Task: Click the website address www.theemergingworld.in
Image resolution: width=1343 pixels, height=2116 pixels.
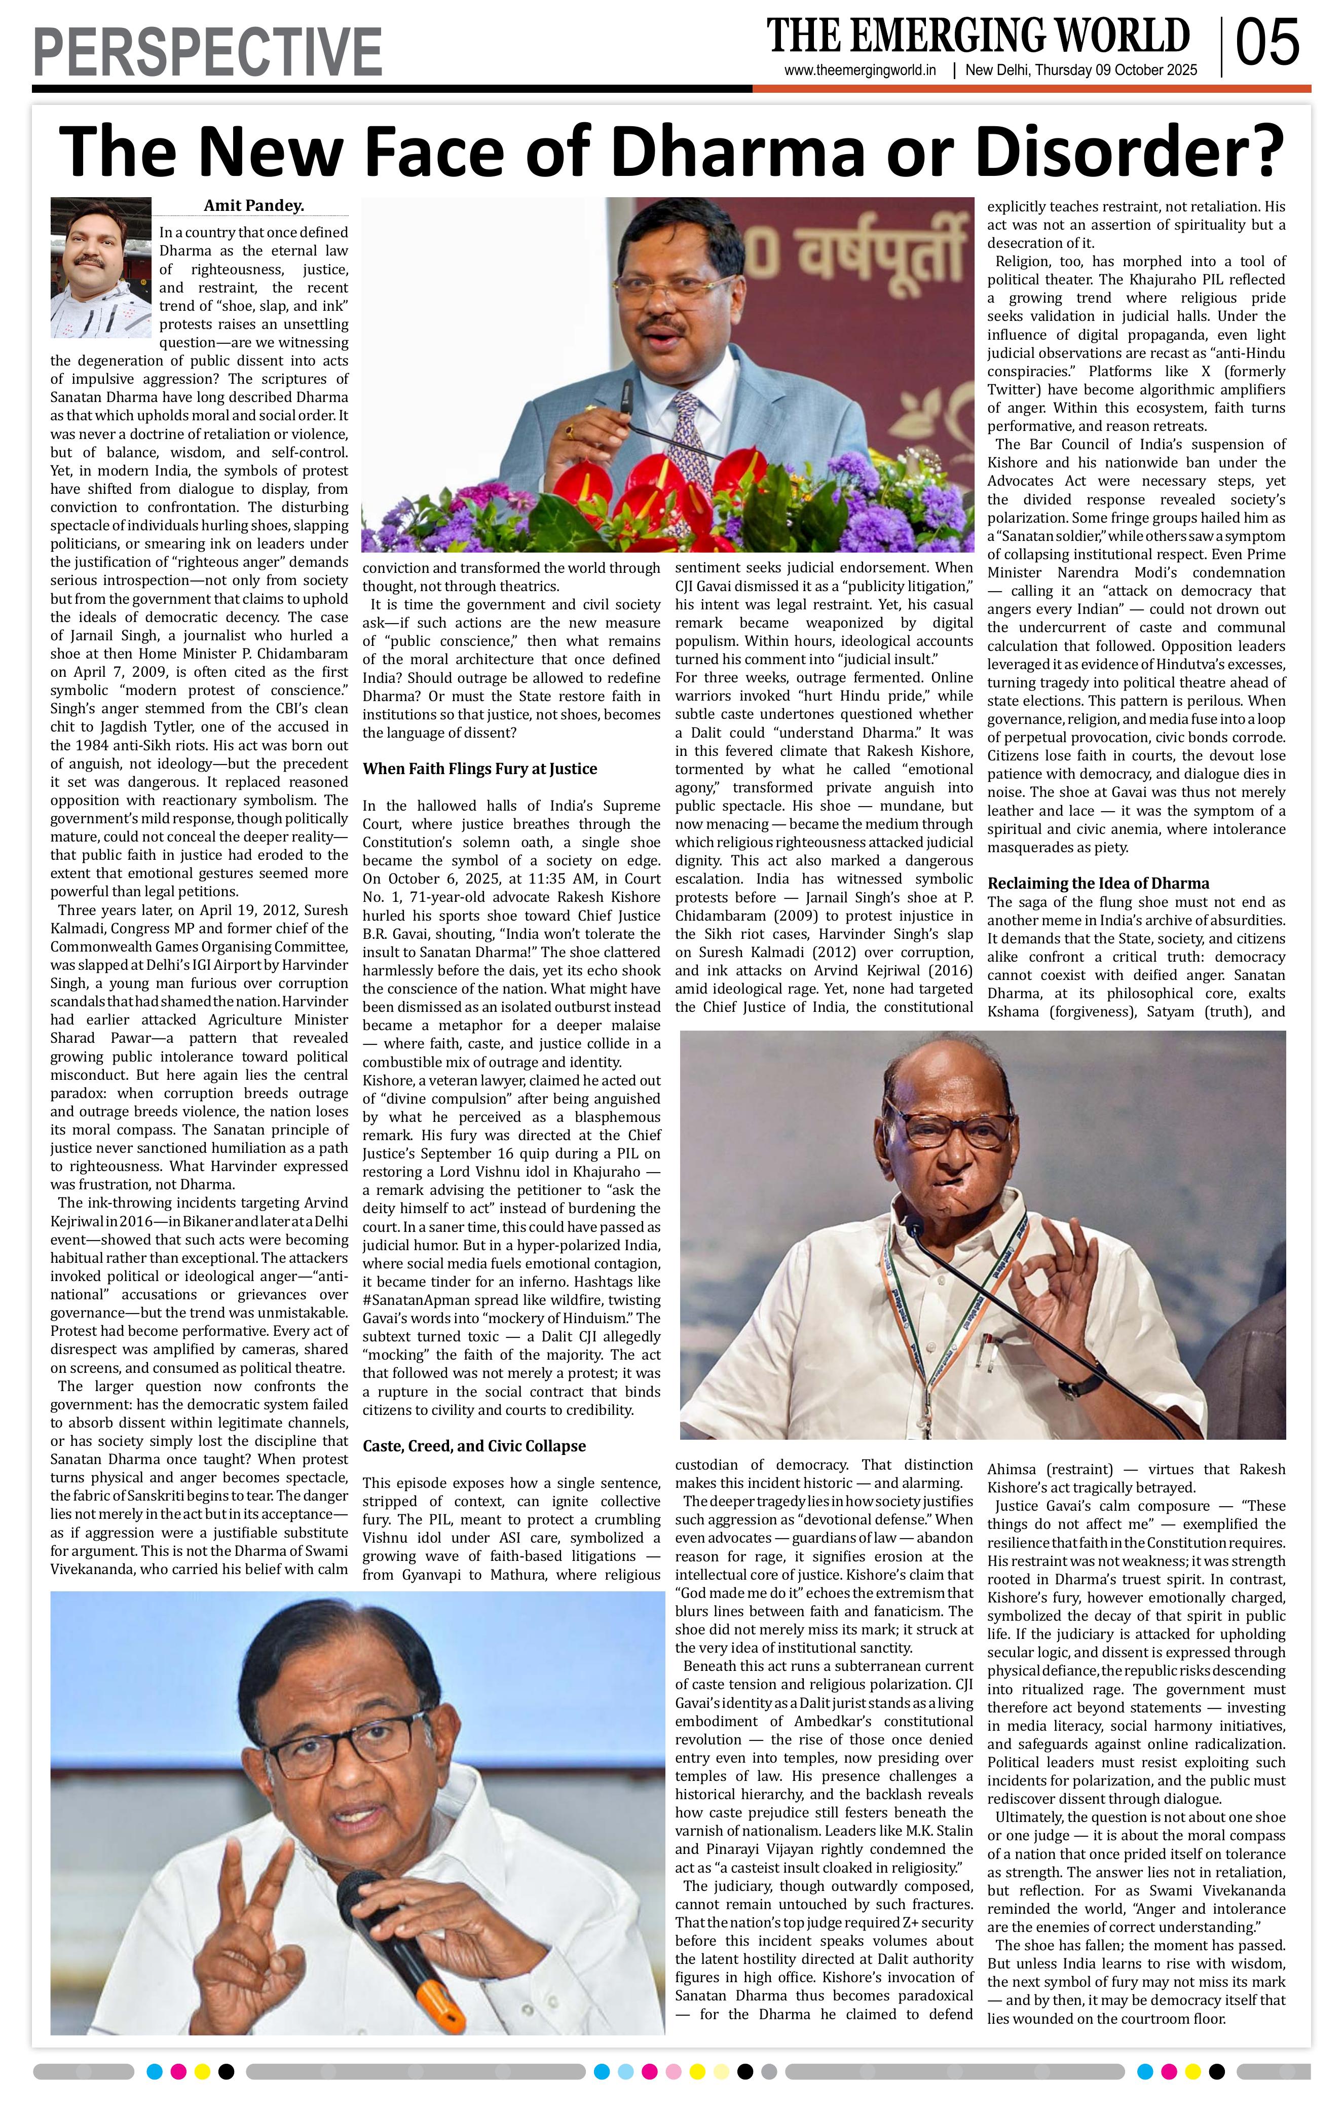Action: [x=860, y=71]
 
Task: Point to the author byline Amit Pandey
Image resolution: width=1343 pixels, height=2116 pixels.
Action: [x=254, y=206]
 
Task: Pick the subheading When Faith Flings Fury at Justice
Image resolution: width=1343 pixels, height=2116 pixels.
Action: [x=479, y=769]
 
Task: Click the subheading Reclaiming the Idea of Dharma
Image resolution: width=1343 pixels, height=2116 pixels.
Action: [x=1098, y=883]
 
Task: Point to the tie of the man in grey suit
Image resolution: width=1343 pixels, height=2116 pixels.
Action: [x=690, y=440]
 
